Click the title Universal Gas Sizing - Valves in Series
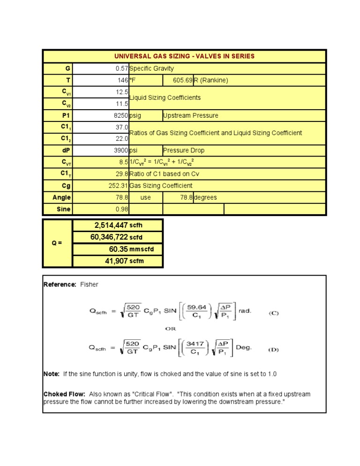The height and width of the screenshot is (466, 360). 184,56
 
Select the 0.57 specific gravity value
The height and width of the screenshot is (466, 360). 121,68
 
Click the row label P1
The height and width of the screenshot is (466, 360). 65,115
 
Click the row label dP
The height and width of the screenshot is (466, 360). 65,150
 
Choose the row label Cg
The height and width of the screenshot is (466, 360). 66,186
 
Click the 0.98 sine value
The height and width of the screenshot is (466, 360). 122,209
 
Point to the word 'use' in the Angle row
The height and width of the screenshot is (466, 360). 146,198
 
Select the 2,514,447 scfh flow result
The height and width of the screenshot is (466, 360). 111,225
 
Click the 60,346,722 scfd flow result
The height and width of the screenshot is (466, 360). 109,237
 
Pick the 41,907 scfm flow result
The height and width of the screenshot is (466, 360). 115,261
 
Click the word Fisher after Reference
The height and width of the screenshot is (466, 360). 90,284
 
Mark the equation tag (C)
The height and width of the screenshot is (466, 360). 273,313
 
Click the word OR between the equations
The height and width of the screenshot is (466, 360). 171,329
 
